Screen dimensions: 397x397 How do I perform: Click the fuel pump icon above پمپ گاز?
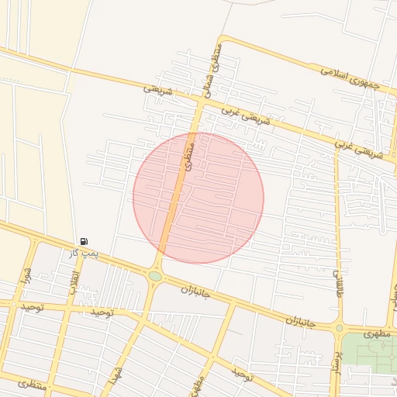coord(84,242)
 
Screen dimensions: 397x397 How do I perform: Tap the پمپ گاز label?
coord(83,253)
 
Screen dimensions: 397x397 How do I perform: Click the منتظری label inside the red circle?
coord(188,155)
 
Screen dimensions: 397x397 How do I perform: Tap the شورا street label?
coord(26,275)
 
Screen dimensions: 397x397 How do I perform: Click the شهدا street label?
coord(119,375)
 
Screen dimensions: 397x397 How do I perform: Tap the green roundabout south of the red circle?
coord(155,276)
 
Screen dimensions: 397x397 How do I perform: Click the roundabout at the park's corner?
coord(339,328)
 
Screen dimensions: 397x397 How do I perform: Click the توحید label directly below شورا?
coord(33,307)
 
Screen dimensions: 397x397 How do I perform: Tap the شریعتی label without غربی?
coord(157,90)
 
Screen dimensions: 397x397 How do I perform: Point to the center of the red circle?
coord(198,198)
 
